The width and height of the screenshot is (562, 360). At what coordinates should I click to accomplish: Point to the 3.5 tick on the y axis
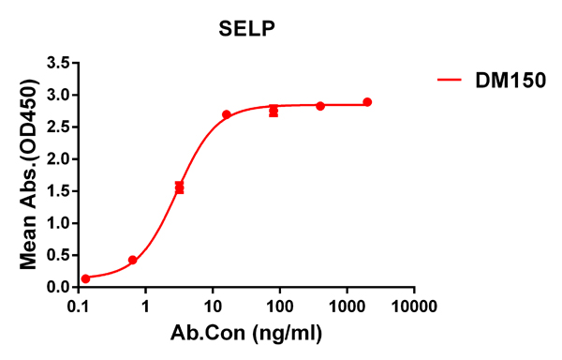pos(58,63)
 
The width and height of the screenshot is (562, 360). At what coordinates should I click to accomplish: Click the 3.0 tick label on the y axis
pos(58,95)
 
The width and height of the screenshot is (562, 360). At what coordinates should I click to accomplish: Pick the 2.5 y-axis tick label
pos(58,127)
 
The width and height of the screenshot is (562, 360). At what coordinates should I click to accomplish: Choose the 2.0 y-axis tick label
pos(58,159)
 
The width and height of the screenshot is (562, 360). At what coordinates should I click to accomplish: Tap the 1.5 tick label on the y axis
pos(58,191)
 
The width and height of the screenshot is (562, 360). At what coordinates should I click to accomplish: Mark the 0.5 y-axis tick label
pos(58,255)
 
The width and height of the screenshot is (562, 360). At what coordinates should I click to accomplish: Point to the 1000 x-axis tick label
pos(348,307)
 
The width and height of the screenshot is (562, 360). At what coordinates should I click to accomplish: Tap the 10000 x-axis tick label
pos(415,307)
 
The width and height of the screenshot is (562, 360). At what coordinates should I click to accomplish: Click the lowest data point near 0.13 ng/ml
pos(86,278)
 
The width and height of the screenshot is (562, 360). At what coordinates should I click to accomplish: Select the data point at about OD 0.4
pos(133,260)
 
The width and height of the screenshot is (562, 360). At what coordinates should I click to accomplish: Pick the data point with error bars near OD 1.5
pos(180,187)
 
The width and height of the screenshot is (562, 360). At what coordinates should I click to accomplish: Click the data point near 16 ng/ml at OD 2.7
pos(227,114)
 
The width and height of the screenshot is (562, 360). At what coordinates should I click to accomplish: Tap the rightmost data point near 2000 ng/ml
pos(367,102)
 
